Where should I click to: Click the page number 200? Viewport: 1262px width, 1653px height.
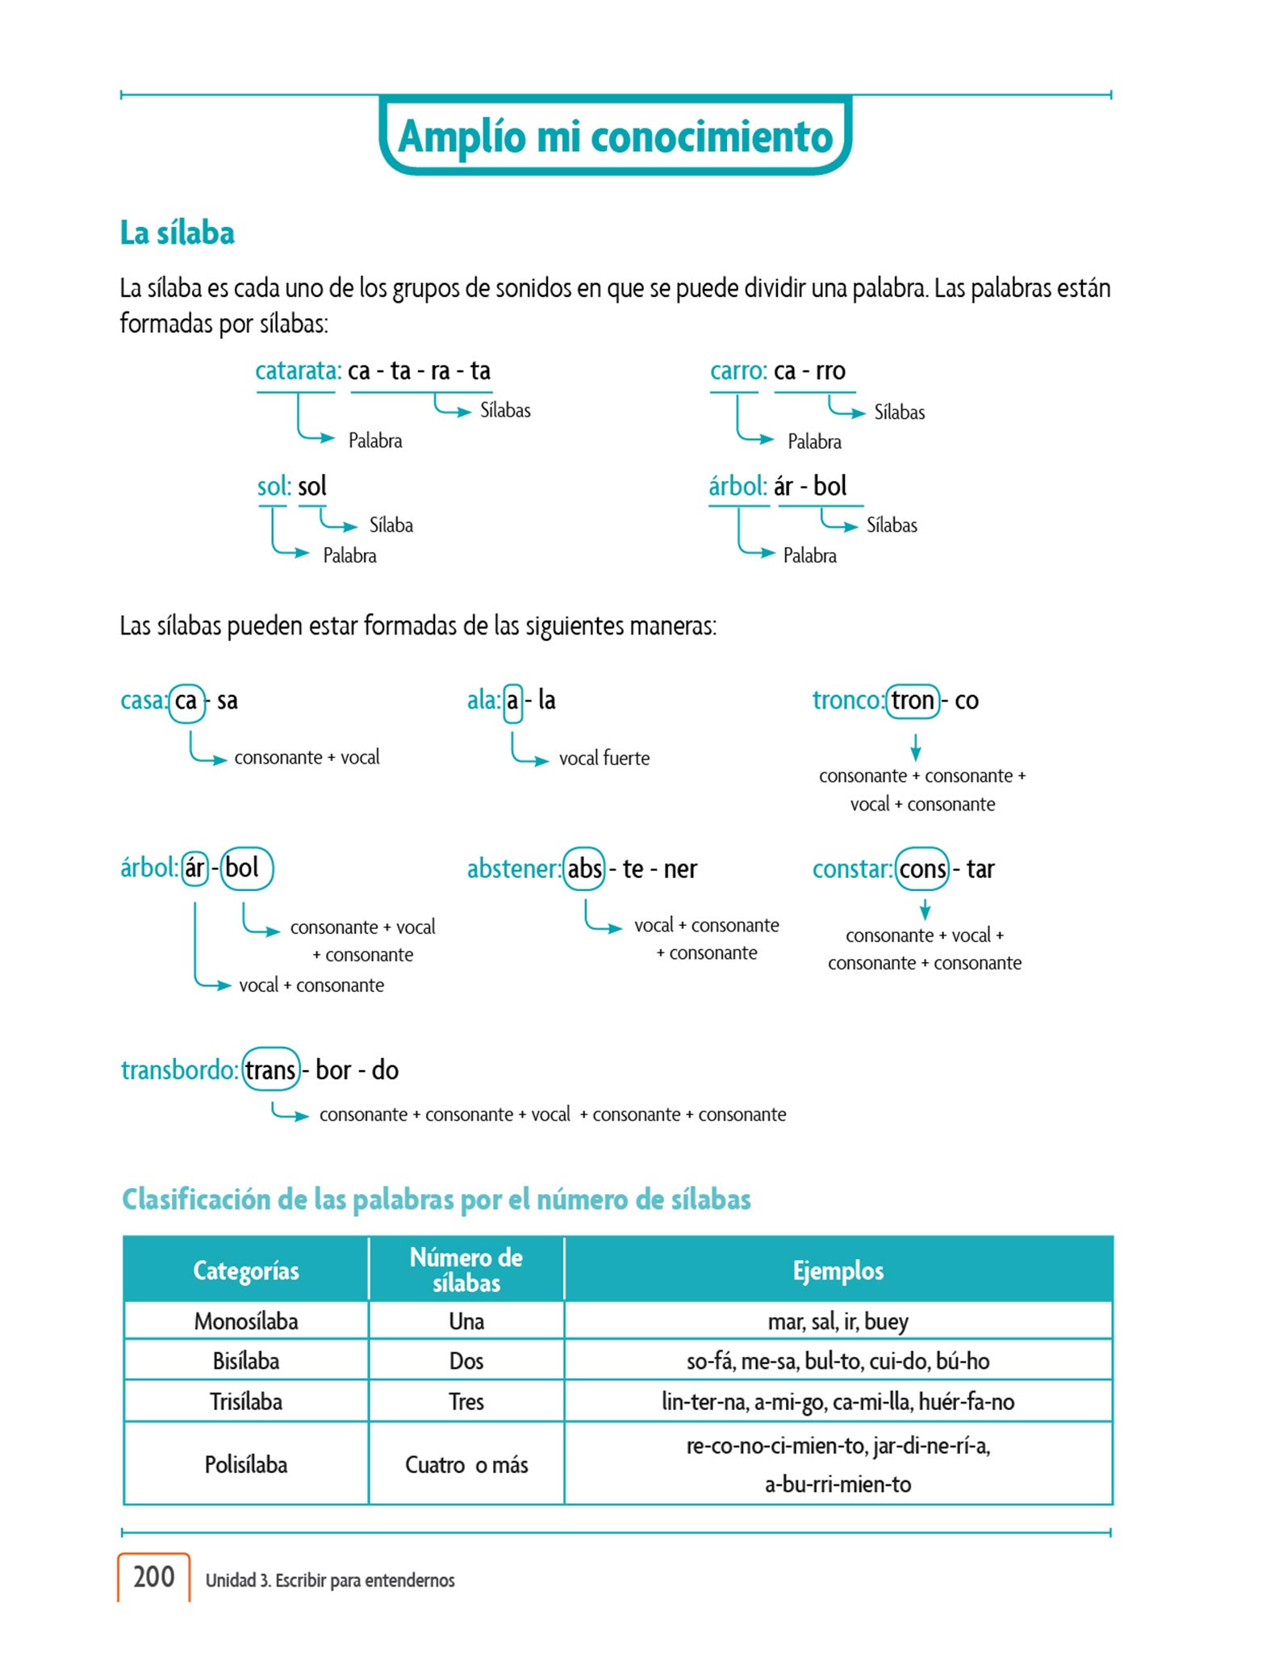(x=153, y=1576)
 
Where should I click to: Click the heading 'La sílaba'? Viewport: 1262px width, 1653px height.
(x=178, y=233)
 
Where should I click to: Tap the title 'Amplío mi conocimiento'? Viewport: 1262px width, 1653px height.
(x=615, y=136)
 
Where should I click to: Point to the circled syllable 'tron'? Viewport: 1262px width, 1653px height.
(x=913, y=701)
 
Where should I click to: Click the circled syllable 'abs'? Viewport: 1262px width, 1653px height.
(x=584, y=869)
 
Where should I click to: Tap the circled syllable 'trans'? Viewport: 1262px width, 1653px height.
(x=270, y=1070)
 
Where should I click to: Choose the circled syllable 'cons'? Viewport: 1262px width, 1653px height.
(x=922, y=869)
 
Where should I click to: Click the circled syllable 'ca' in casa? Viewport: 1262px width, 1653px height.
(x=186, y=701)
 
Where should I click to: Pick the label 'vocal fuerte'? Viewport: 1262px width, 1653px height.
(x=604, y=759)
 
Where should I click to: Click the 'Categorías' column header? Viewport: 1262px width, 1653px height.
(x=246, y=1270)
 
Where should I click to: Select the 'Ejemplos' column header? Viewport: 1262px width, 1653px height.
(x=838, y=1270)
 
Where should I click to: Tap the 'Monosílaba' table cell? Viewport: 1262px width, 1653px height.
(x=246, y=1321)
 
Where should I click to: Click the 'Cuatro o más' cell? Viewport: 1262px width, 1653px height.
(x=466, y=1465)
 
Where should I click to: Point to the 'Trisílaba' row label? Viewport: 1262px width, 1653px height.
(x=246, y=1402)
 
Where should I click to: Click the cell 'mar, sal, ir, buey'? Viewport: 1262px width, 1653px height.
(x=838, y=1321)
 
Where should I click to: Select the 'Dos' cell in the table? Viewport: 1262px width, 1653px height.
(x=466, y=1362)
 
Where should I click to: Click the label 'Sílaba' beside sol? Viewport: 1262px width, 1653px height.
(x=391, y=525)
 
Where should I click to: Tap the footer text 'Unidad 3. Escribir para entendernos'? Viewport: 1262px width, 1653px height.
(x=330, y=1580)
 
